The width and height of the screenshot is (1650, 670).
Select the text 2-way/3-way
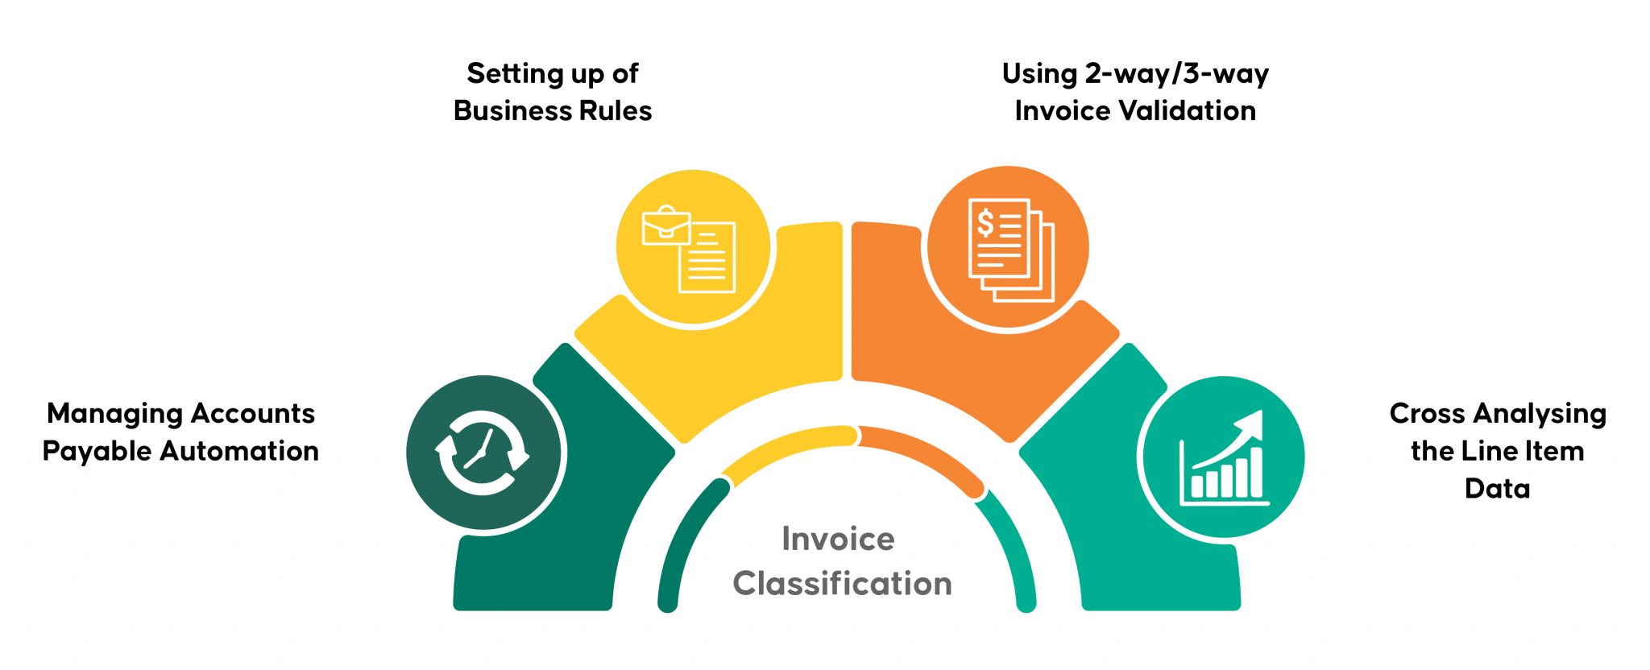click(x=1176, y=74)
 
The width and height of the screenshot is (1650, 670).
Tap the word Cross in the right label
click(x=1427, y=414)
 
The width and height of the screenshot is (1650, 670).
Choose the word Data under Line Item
click(x=1497, y=488)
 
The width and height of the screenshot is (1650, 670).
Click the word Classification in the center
click(x=842, y=584)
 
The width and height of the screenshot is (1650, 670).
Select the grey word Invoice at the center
click(x=838, y=539)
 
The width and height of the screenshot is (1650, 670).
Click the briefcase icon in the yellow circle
click(x=665, y=226)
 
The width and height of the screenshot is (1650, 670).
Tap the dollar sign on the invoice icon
click(x=985, y=222)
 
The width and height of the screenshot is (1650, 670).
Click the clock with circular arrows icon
click(x=482, y=453)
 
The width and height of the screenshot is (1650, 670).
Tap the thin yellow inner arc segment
click(x=790, y=447)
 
